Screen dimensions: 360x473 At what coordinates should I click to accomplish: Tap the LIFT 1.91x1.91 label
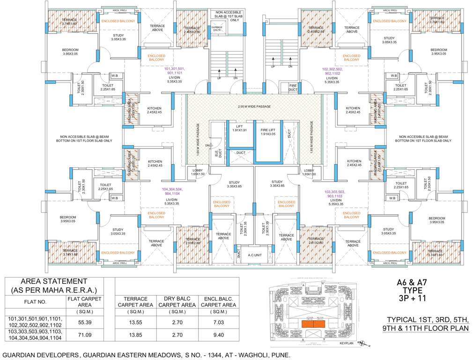(x=238, y=126)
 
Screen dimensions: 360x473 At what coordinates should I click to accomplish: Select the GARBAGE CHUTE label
(x=217, y=28)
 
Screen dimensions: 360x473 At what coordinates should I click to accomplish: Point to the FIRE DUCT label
(x=293, y=88)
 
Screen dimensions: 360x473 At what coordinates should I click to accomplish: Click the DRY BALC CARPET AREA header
(x=176, y=301)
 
